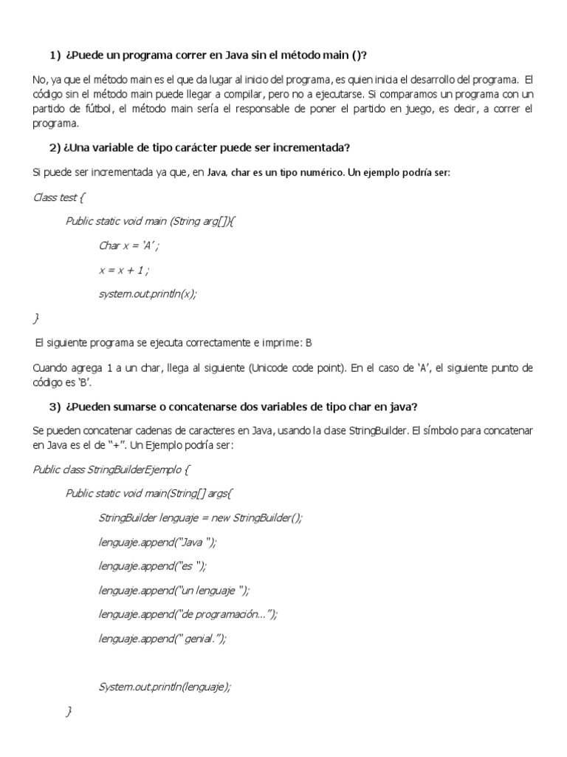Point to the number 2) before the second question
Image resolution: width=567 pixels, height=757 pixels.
(56, 147)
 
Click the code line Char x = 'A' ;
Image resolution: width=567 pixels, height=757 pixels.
(129, 245)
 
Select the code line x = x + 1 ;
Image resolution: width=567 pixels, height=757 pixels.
(128, 269)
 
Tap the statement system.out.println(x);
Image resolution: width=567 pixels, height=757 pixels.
(148, 293)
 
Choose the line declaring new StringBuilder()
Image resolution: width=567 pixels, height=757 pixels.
(200, 517)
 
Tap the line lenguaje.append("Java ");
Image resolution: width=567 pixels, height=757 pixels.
(158, 541)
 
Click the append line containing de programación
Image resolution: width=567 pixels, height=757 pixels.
(188, 614)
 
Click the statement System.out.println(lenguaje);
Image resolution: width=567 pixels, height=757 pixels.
(165, 686)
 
